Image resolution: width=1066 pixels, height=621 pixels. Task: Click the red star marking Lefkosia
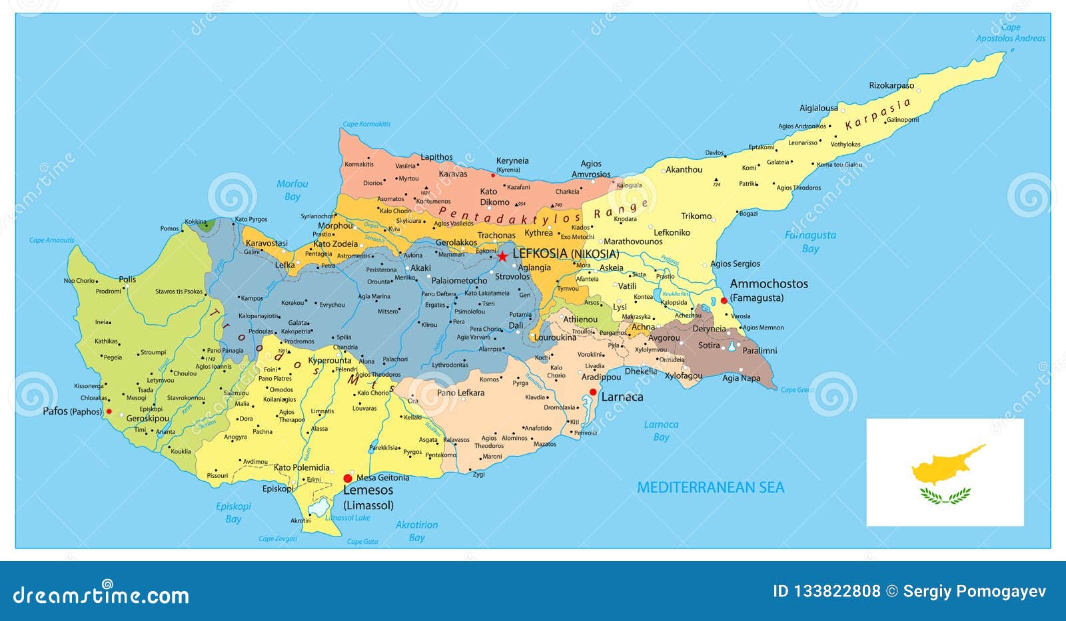tap(502, 256)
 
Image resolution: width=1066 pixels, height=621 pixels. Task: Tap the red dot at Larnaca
tap(593, 392)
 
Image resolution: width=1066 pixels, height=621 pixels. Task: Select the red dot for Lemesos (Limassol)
tap(347, 478)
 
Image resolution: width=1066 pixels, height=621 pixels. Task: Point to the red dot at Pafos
tap(109, 411)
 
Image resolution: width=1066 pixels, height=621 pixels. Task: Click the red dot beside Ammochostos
tap(724, 301)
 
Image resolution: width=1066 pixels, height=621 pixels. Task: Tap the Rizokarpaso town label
tap(891, 86)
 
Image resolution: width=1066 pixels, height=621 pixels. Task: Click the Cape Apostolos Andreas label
tap(1011, 33)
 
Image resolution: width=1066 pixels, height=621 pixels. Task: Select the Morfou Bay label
tap(292, 190)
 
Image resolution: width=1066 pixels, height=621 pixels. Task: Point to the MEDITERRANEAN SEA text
tap(710, 488)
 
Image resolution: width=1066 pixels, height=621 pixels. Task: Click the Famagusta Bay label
tap(810, 242)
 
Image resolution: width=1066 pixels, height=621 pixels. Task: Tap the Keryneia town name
tap(512, 160)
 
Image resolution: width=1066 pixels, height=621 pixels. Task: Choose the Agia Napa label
tap(741, 378)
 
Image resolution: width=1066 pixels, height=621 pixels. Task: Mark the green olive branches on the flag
tap(945, 495)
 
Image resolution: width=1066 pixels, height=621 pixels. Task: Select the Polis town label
tap(127, 280)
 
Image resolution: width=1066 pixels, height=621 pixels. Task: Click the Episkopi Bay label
tap(233, 513)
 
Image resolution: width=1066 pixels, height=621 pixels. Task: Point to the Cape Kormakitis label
tap(366, 124)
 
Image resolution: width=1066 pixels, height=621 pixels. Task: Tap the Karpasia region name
tap(877, 114)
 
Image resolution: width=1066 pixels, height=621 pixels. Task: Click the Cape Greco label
tap(798, 390)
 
